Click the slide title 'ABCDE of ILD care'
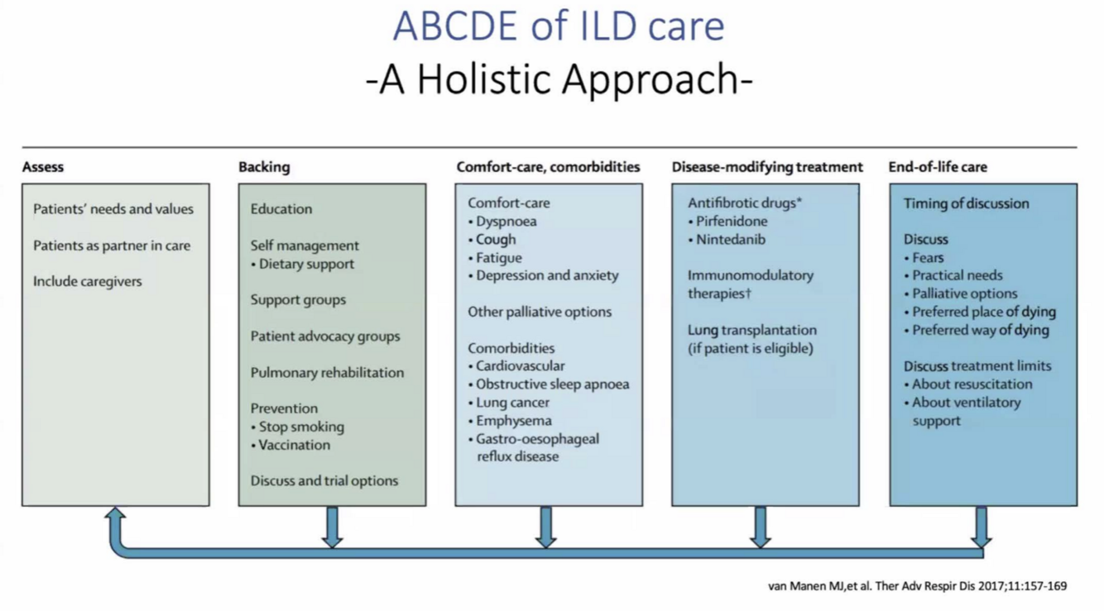point(559,26)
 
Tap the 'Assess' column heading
point(43,167)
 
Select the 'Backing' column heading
point(264,167)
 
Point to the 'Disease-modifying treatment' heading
point(766,167)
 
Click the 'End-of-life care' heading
point(937,167)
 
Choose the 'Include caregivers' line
point(87,281)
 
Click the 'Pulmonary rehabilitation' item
point(327,372)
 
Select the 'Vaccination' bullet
point(294,445)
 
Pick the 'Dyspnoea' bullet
point(506,222)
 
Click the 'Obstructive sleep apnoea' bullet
point(552,384)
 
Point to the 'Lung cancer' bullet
point(512,403)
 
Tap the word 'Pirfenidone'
point(731,222)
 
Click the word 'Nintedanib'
point(730,240)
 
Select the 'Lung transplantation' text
point(751,330)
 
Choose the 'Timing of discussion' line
point(966,203)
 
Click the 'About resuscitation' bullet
point(972,384)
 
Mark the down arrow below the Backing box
point(332,527)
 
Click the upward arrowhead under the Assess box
point(116,518)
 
